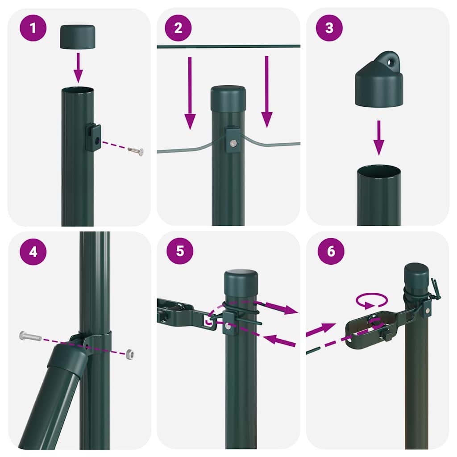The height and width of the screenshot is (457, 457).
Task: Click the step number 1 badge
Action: click(x=33, y=28)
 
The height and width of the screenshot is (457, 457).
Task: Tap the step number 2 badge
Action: click(x=179, y=28)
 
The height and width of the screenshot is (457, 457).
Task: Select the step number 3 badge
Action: click(x=329, y=28)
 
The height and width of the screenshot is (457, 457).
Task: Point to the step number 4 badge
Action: click(x=33, y=251)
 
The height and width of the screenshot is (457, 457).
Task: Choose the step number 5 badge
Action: click(x=180, y=250)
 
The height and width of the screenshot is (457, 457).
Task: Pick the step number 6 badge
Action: click(x=331, y=251)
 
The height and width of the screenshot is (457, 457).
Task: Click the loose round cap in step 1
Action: click(x=78, y=37)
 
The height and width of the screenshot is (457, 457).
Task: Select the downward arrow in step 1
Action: click(x=78, y=67)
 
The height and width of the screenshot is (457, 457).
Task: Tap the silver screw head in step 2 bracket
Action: click(x=233, y=142)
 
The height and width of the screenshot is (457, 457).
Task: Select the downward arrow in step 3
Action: click(x=378, y=137)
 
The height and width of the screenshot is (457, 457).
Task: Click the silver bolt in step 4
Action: click(x=30, y=336)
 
